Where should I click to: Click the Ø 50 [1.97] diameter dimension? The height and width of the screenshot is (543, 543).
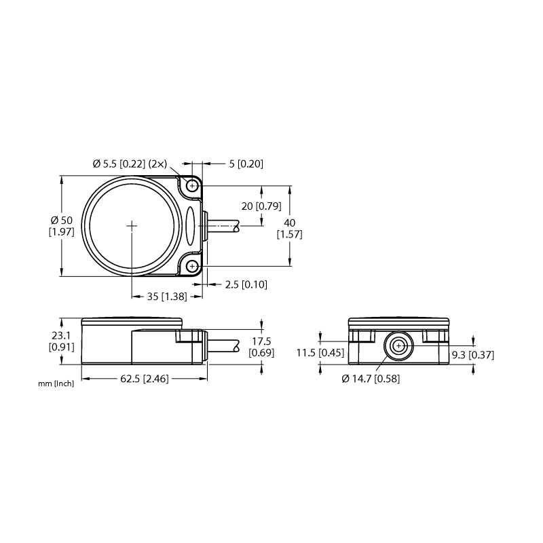point(62,226)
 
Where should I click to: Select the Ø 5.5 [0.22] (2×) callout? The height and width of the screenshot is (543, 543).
point(130,164)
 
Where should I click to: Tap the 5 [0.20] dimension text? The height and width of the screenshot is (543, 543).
point(246,164)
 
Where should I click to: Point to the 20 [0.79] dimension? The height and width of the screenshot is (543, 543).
point(261,206)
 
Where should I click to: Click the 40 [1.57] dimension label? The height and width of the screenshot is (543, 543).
point(290,229)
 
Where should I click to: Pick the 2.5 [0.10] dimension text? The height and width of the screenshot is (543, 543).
point(246,284)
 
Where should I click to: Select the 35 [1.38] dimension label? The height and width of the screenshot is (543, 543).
point(167,297)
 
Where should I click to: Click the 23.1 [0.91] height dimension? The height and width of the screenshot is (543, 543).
point(62,341)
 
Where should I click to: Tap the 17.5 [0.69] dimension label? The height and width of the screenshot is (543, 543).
point(261,347)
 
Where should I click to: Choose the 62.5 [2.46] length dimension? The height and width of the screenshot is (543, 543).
point(145,379)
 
